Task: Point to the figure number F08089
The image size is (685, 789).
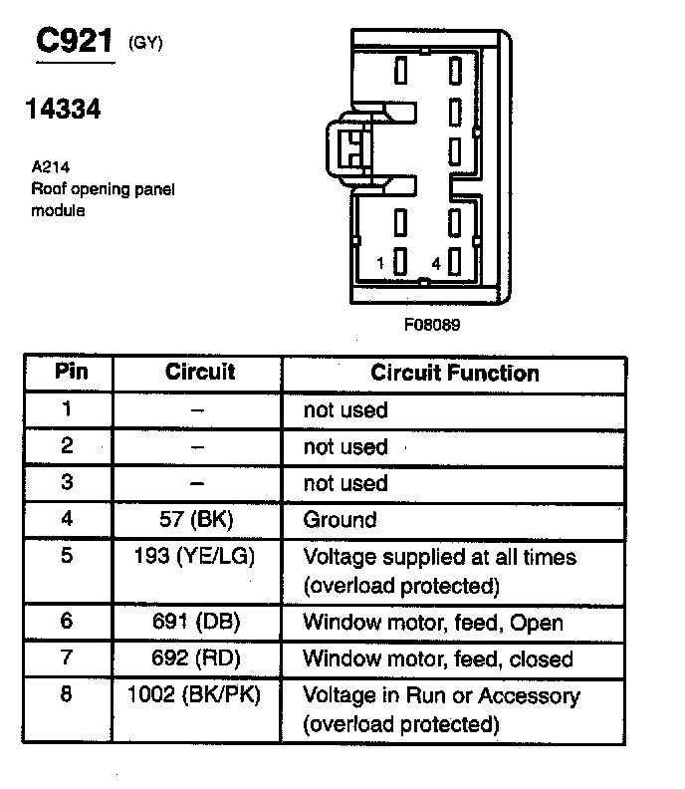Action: (431, 324)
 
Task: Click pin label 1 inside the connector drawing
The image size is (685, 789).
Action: (381, 263)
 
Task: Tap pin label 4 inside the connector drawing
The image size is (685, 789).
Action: (435, 263)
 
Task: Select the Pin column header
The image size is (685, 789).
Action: (70, 373)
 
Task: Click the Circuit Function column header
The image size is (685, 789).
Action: (454, 374)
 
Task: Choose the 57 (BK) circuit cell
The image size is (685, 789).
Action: (198, 519)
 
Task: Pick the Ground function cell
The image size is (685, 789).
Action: (340, 519)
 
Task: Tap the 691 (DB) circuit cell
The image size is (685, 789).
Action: (198, 623)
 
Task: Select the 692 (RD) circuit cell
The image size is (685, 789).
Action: (198, 658)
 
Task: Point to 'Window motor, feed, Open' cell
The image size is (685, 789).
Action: (433, 623)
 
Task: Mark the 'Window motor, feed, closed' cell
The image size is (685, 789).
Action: (438, 658)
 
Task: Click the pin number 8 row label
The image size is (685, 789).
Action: (67, 694)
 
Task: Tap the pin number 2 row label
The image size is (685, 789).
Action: (67, 445)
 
